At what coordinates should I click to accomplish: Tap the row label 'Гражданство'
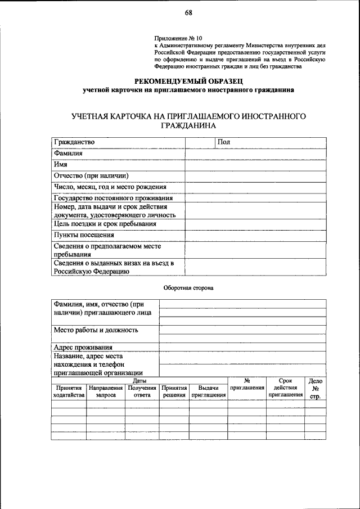(x=74, y=142)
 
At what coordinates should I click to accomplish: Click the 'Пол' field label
(x=224, y=142)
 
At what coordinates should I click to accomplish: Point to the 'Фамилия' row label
(x=69, y=154)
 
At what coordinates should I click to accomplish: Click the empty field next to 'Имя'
(x=255, y=165)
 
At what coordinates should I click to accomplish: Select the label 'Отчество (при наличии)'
(x=91, y=175)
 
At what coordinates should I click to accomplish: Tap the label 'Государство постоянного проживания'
(x=112, y=198)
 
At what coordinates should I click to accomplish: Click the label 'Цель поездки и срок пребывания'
(x=105, y=224)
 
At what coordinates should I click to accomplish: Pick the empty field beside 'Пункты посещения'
(x=255, y=235)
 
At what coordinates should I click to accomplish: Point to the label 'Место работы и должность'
(x=96, y=330)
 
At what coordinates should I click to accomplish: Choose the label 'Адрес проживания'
(x=83, y=347)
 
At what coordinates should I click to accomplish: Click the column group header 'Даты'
(x=139, y=381)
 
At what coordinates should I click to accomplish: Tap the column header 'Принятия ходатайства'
(x=69, y=391)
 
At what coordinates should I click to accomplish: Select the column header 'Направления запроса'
(x=106, y=391)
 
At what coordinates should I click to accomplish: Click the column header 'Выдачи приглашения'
(x=208, y=391)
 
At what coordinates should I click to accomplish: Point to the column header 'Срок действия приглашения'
(x=285, y=388)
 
